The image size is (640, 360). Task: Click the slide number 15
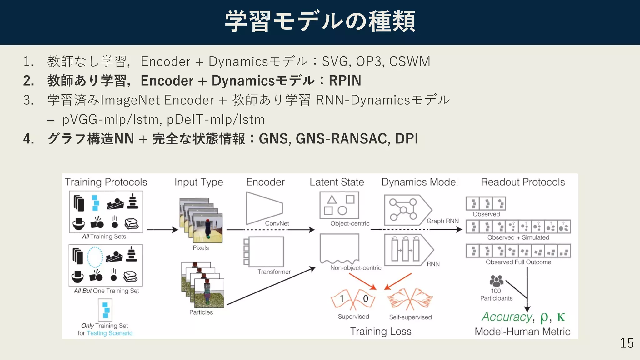[627, 343]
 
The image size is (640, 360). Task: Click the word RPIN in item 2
[345, 81]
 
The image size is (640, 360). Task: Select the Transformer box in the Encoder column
[266, 252]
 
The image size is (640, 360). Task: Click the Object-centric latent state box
[339, 205]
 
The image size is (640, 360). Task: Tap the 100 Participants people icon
[496, 281]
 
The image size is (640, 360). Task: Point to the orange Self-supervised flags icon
[410, 299]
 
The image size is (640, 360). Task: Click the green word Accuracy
[507, 317]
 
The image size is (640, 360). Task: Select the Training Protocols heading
[106, 182]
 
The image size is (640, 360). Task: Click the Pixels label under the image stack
[201, 248]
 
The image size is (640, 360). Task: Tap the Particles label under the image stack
[201, 312]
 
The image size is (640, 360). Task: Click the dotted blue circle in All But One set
[95, 257]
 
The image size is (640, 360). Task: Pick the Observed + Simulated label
[518, 237]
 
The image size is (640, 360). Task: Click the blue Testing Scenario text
[109, 333]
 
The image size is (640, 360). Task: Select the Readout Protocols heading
[523, 182]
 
